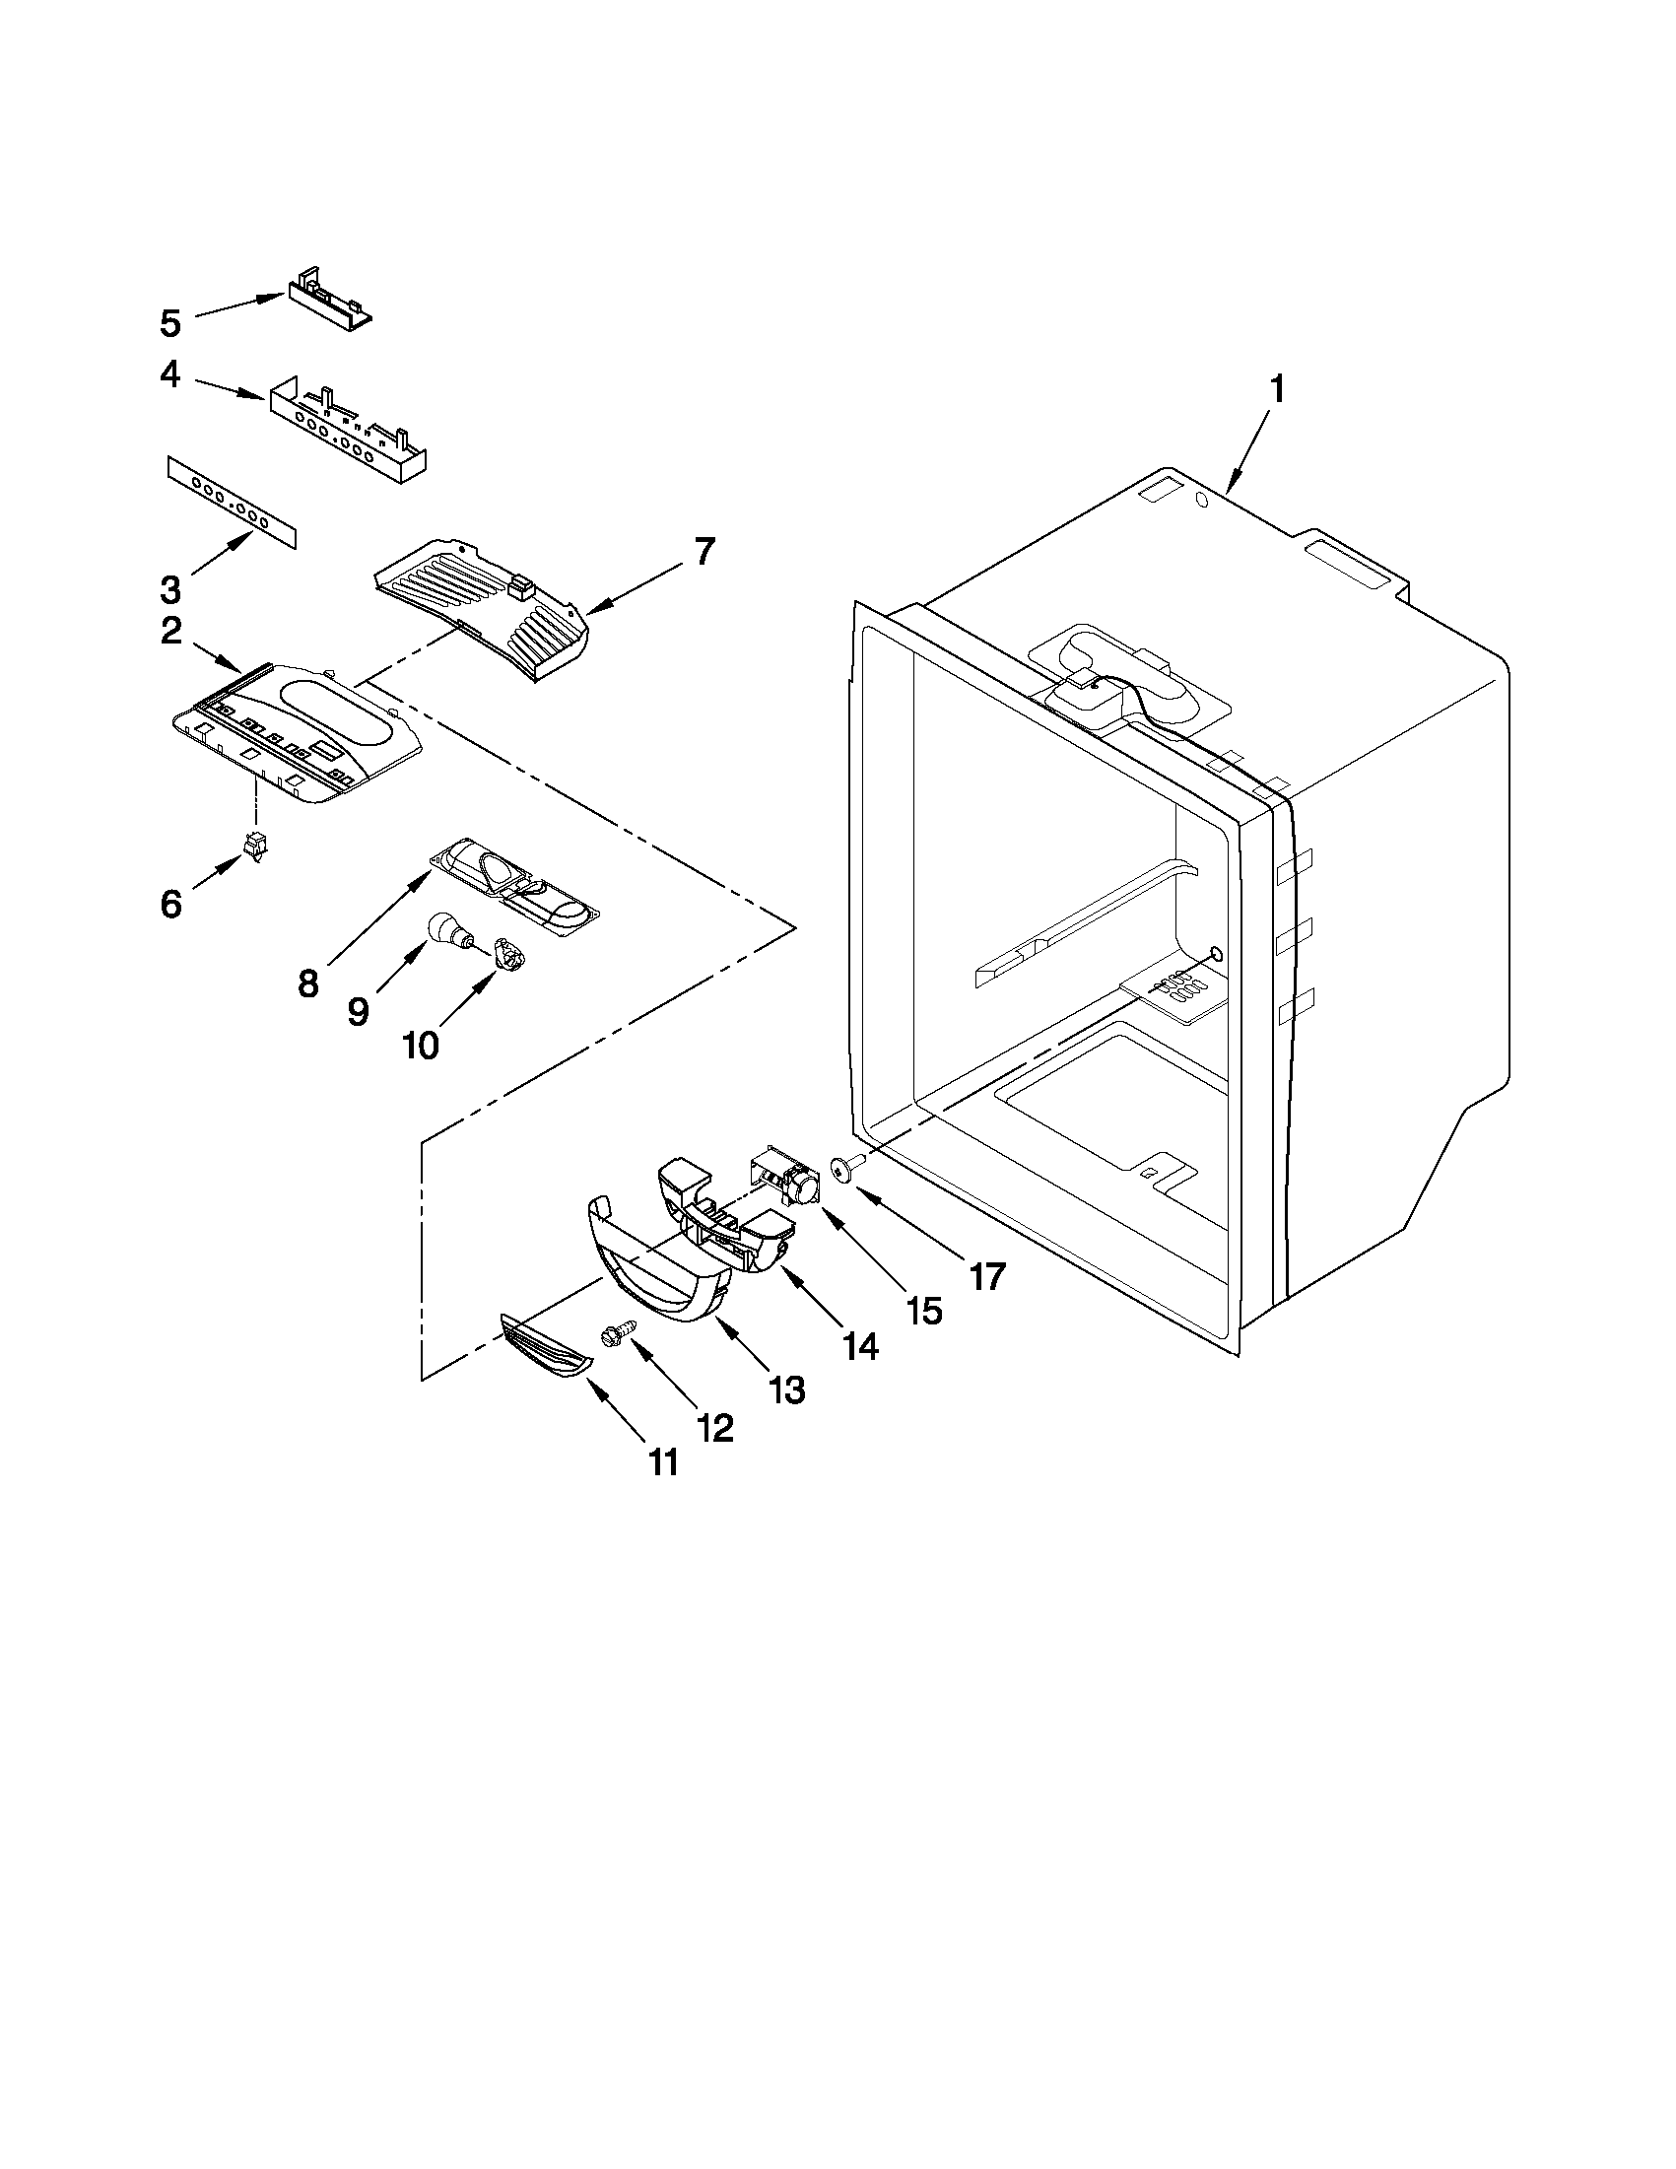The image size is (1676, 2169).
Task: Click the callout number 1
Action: (x=1277, y=388)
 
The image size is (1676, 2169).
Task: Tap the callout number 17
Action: (x=987, y=1276)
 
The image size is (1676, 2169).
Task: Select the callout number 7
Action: (x=703, y=551)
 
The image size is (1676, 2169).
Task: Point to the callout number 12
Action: (x=715, y=1428)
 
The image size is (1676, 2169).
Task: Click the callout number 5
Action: (x=170, y=323)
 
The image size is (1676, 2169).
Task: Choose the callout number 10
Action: (x=421, y=1045)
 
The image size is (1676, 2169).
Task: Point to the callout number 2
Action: (x=170, y=631)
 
